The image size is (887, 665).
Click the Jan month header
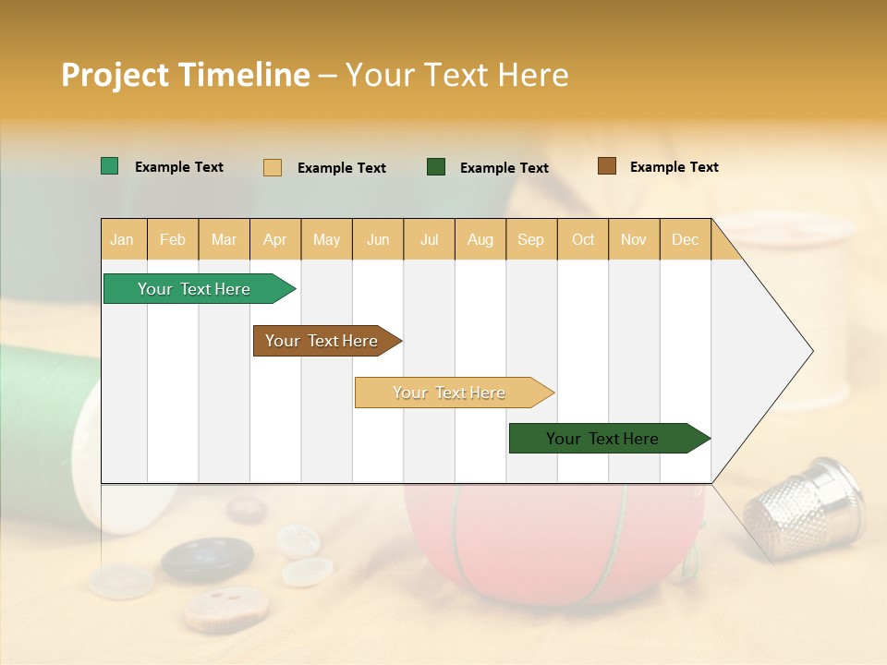(122, 239)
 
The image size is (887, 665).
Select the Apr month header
(274, 239)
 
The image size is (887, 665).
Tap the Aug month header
(480, 239)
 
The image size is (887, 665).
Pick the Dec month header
(685, 239)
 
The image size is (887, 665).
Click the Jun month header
(377, 239)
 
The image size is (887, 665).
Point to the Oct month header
(582, 239)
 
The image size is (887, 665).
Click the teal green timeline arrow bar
(194, 289)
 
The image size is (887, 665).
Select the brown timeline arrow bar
(322, 341)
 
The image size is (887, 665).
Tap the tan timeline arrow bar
(449, 393)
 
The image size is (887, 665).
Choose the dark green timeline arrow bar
(602, 439)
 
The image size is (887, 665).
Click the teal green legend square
(109, 166)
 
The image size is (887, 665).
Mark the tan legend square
(273, 167)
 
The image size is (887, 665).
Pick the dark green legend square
(436, 166)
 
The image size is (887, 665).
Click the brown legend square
(606, 166)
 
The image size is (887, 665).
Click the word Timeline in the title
(244, 75)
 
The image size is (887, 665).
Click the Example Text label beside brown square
(674, 167)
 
